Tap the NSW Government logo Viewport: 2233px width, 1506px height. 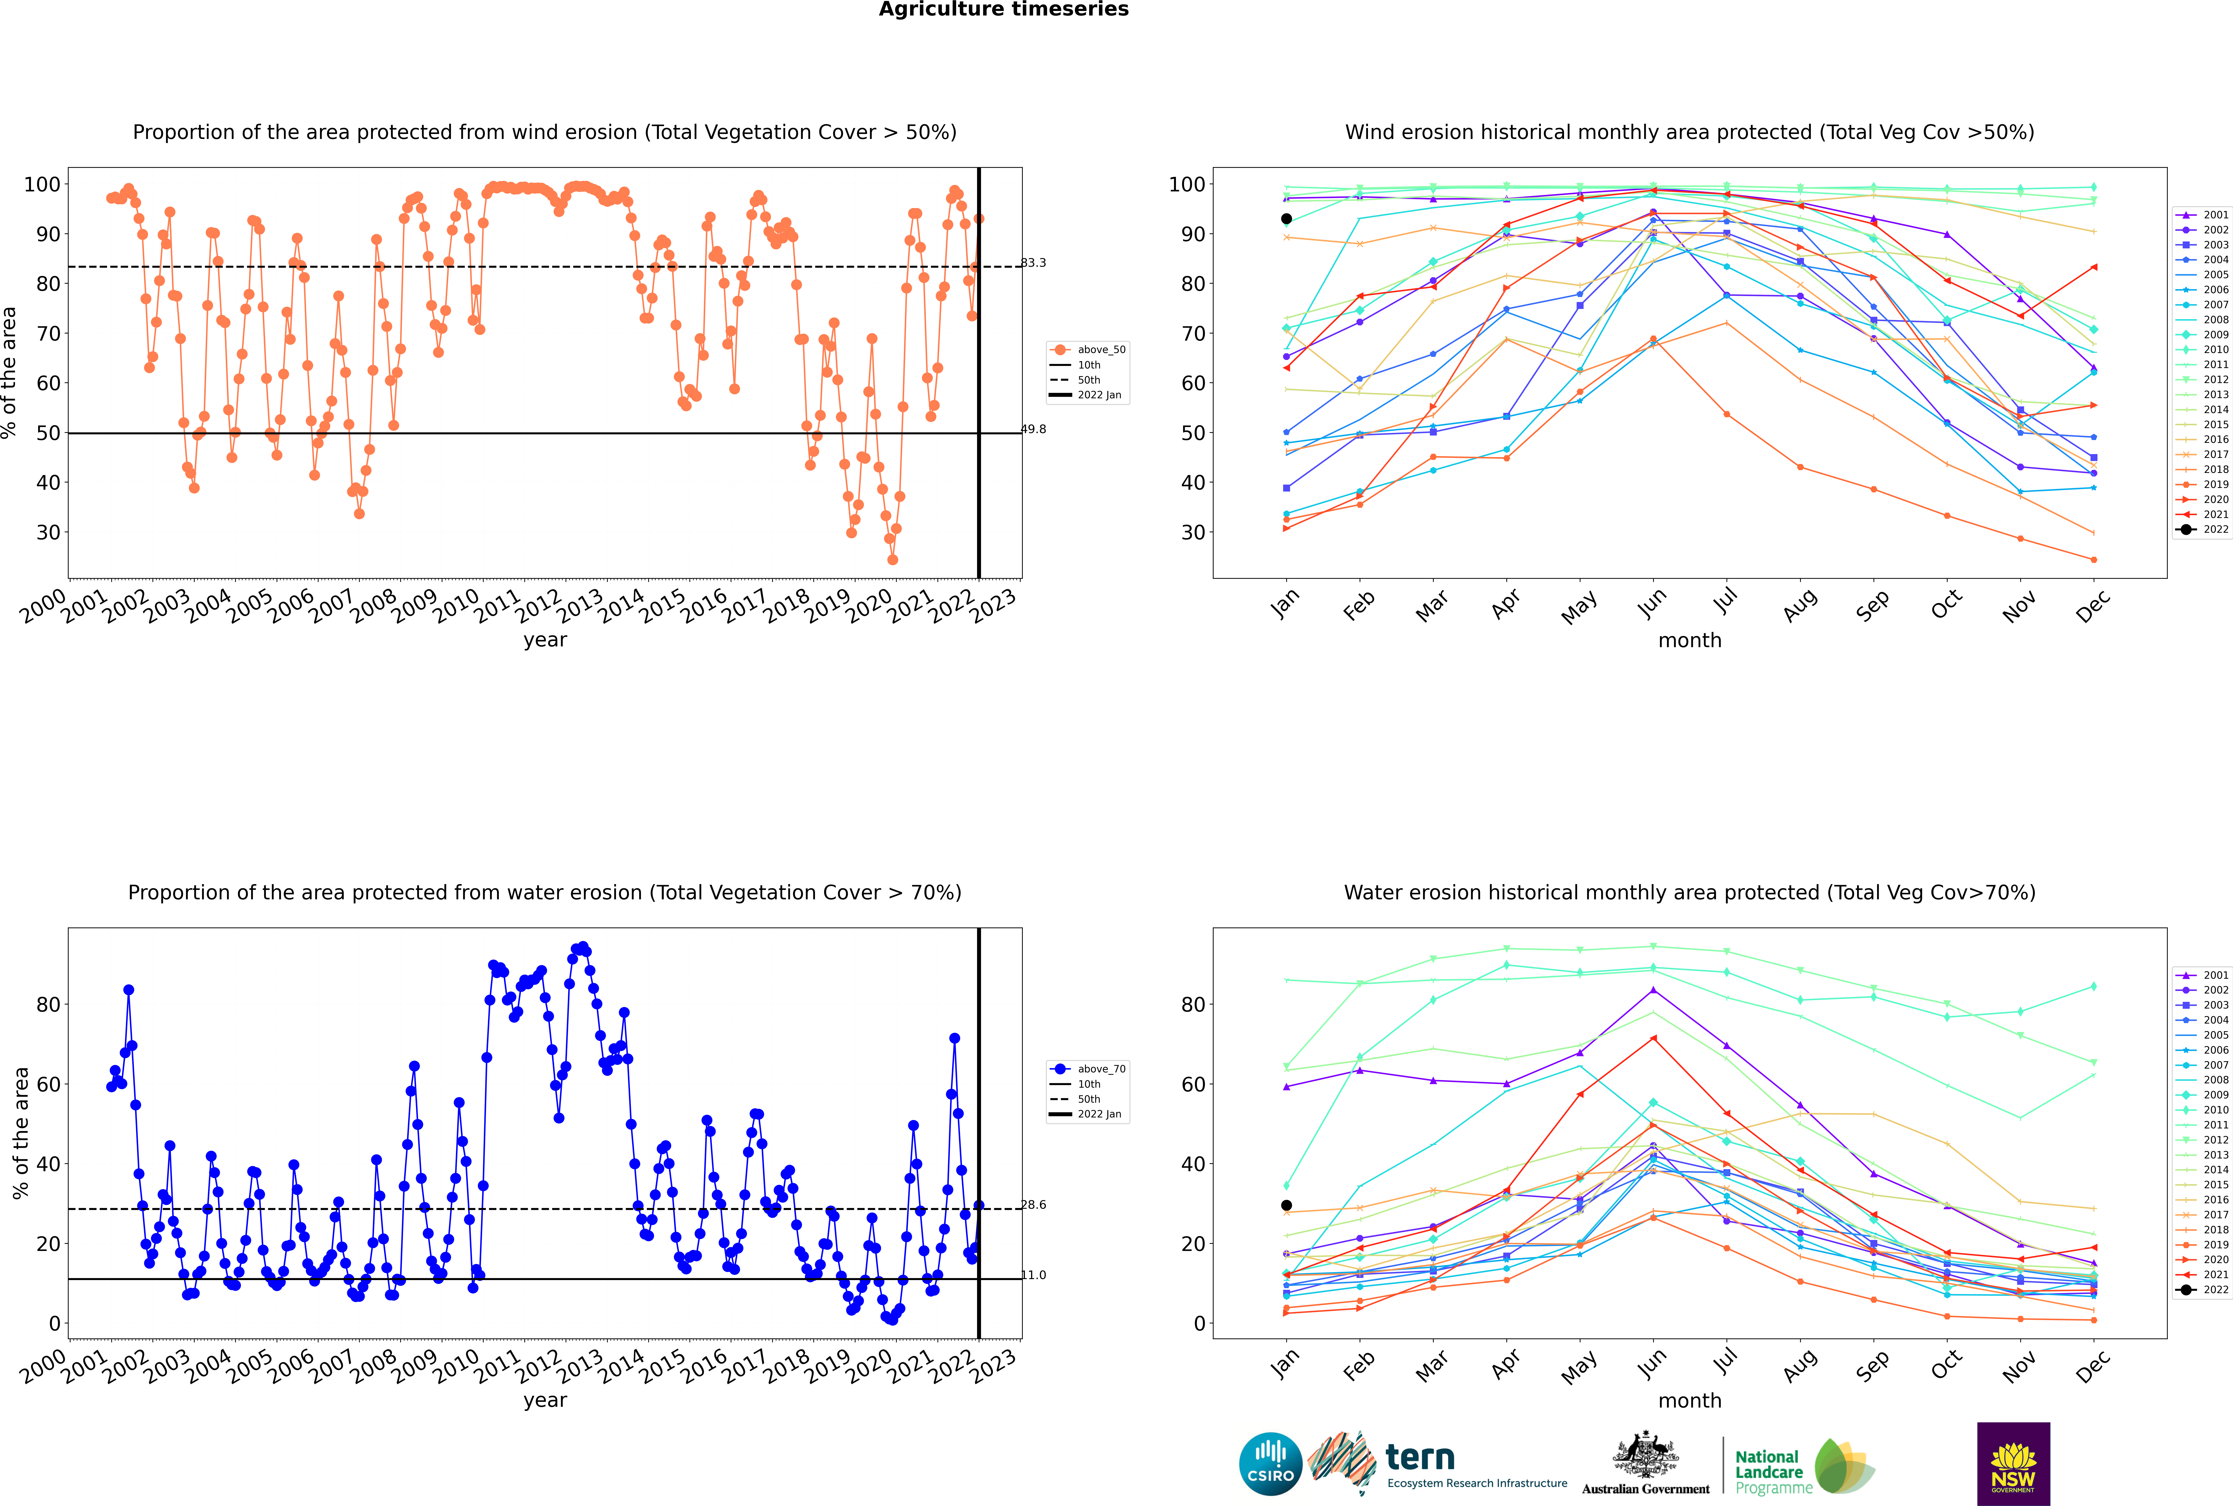2013,1464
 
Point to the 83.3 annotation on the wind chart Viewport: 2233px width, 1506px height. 1033,262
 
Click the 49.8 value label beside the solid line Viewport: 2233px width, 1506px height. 1033,429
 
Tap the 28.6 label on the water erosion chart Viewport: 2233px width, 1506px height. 1033,1204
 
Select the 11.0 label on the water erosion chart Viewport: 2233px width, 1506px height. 1033,1275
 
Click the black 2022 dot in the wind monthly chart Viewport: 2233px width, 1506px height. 1286,219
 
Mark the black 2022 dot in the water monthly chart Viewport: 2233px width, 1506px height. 1286,1205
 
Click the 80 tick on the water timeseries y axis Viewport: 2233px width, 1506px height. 48,1005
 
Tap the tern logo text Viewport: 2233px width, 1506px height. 1420,1458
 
